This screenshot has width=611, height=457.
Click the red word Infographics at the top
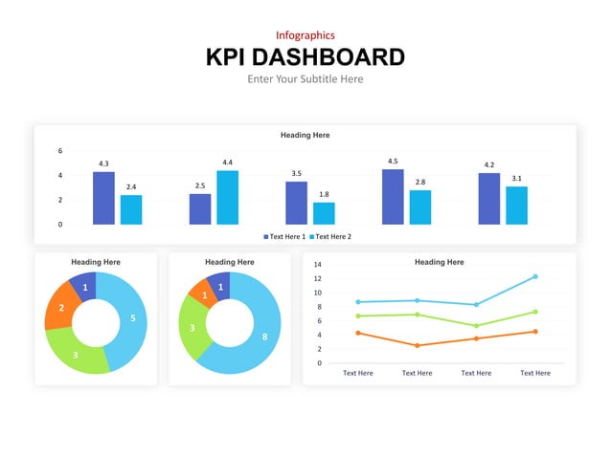coord(305,35)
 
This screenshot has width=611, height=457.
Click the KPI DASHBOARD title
coord(305,57)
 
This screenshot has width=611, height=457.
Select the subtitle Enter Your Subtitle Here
coord(305,79)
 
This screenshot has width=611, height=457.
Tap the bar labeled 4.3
coord(103,198)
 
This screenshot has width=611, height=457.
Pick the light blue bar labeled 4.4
coord(227,198)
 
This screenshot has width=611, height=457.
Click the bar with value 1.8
coord(324,213)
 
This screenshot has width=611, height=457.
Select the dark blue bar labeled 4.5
coord(393,197)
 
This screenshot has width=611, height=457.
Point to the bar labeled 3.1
coord(516,206)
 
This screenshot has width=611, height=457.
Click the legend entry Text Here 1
coord(284,236)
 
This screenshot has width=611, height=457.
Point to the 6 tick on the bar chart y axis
coord(60,151)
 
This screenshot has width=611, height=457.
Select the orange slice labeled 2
coord(61,308)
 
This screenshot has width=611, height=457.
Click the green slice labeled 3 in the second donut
coord(194,329)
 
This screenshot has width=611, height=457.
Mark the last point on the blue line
coord(534,276)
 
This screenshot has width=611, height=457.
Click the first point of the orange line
coord(358,333)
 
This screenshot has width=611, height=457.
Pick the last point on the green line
coord(534,312)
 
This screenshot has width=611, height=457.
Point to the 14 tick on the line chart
coord(317,265)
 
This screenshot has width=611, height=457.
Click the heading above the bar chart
coord(305,135)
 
